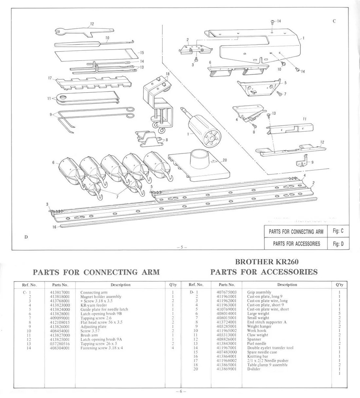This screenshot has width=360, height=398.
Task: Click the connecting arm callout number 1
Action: point(303,38)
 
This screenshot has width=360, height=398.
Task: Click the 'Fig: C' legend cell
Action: point(338,231)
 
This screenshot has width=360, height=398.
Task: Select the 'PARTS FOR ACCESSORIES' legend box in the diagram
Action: point(296,244)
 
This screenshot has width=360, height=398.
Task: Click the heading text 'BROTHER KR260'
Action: point(267,262)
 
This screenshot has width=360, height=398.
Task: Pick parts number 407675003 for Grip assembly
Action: point(226,292)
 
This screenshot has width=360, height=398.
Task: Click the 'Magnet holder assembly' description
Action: point(101,296)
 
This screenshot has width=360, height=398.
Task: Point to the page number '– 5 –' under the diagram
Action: point(181,247)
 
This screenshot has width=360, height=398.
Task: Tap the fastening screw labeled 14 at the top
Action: point(272,22)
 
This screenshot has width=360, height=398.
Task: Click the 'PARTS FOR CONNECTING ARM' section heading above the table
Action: point(97,272)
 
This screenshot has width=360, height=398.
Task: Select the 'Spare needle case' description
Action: point(262,352)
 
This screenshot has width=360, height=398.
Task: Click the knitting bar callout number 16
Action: point(54,227)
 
